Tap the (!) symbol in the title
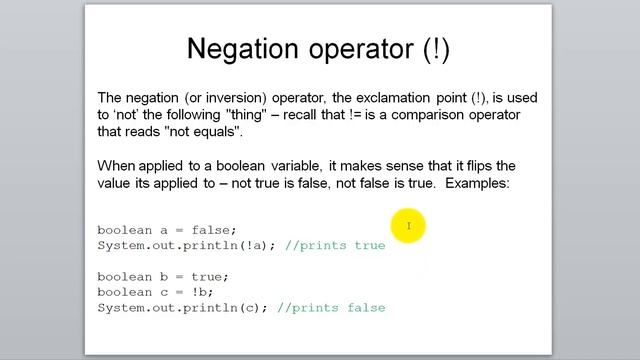tap(436, 48)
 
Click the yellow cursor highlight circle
tap(409, 226)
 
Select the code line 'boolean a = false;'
tap(167, 230)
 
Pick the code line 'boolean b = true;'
tap(163, 276)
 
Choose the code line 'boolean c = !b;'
tap(156, 292)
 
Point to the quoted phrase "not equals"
tap(205, 132)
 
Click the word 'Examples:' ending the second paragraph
tap(479, 184)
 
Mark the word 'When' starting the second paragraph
tap(114, 166)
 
